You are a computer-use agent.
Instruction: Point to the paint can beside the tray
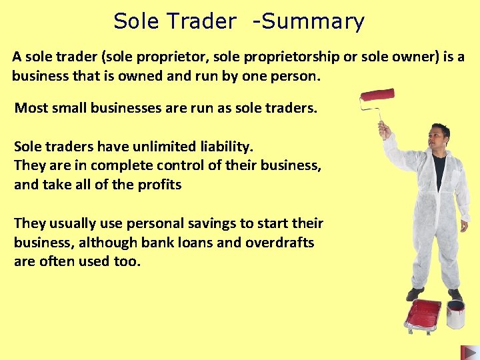[456, 313]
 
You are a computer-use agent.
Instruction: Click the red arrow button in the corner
[469, 352]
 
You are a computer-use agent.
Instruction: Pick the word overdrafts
[280, 242]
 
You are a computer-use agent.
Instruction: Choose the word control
[171, 165]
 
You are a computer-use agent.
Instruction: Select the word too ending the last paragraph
[127, 261]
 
